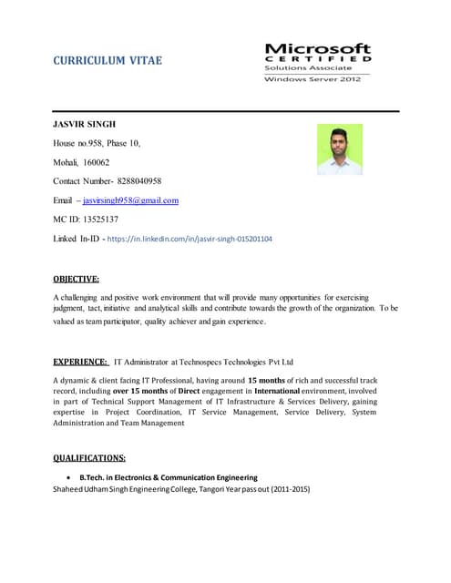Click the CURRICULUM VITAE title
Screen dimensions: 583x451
(x=108, y=61)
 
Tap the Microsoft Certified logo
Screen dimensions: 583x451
(x=317, y=62)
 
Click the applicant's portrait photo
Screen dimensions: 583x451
(x=340, y=149)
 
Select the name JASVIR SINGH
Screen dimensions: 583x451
(x=85, y=123)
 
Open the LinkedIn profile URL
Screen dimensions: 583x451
(x=189, y=239)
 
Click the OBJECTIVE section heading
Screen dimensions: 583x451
(x=77, y=279)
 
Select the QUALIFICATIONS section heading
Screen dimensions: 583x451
(x=89, y=457)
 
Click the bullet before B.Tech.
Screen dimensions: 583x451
(x=70, y=478)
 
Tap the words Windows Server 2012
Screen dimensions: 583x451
(x=313, y=79)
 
